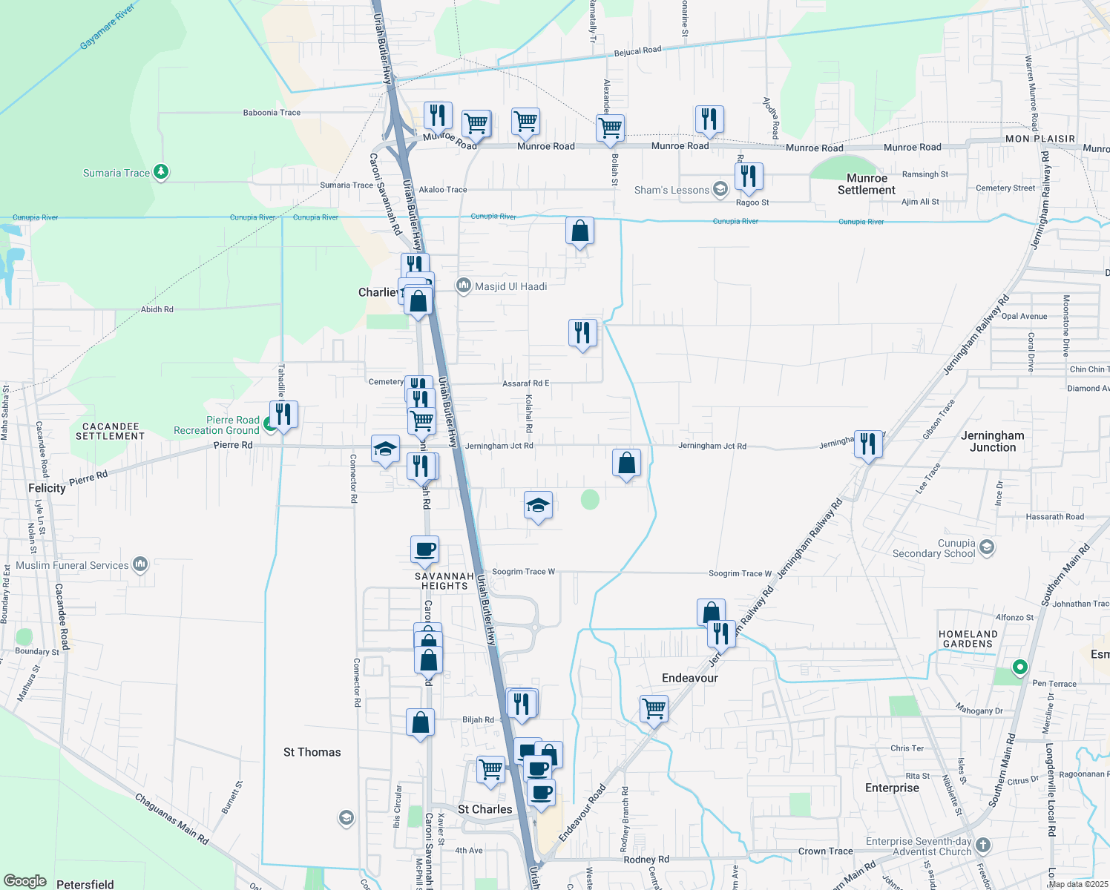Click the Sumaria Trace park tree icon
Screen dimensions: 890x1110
[x=161, y=173]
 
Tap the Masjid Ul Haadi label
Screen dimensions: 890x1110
[x=510, y=286]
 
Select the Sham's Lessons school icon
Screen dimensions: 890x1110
[x=720, y=189]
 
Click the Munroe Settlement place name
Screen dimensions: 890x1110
[x=867, y=184]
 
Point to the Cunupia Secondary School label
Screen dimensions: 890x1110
[x=933, y=548]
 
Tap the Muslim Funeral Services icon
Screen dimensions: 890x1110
[x=140, y=564]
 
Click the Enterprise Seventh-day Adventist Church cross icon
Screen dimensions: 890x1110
[x=982, y=845]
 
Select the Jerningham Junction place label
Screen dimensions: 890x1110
[x=992, y=441]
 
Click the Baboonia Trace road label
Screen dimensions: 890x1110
[x=272, y=113]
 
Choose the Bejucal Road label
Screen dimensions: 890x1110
[x=637, y=51]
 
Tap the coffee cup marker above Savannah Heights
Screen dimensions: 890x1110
[x=424, y=550]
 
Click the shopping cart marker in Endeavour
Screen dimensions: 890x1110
[x=654, y=708]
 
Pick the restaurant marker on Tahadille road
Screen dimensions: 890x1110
[x=283, y=413]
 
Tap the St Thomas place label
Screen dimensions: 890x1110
[x=312, y=752]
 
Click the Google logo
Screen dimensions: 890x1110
[x=25, y=881]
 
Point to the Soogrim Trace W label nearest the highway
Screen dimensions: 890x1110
[x=524, y=572]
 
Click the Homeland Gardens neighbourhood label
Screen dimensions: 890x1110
[x=968, y=639]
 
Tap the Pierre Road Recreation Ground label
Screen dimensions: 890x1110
[x=217, y=425]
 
